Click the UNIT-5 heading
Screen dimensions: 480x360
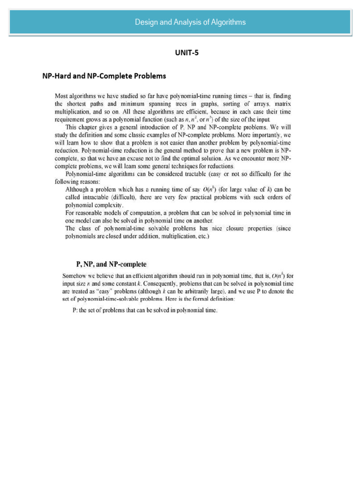187,52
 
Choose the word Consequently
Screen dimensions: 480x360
141,283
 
